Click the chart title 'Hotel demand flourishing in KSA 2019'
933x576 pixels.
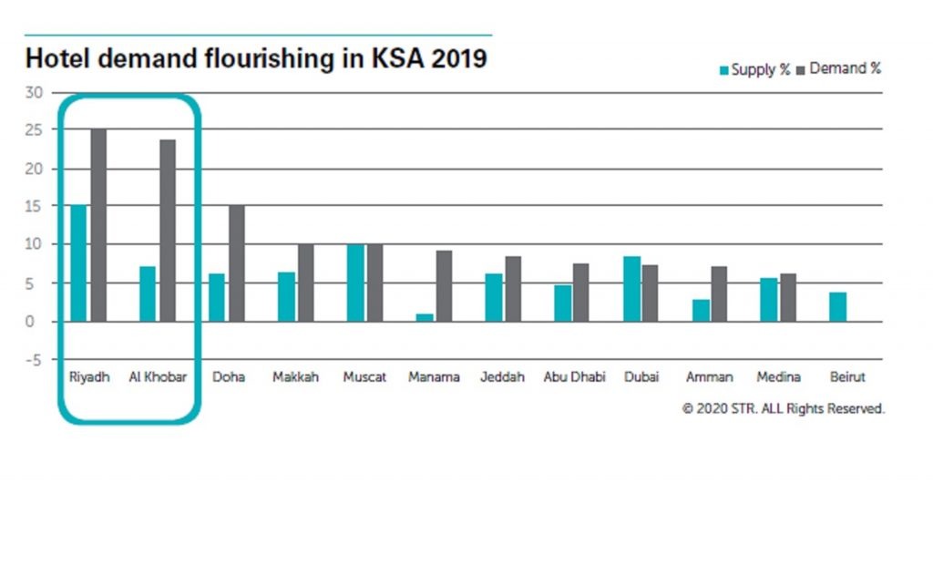pos(256,59)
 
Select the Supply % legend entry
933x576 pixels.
pos(754,70)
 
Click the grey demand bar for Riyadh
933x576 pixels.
pos(98,225)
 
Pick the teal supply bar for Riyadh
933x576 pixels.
pos(78,263)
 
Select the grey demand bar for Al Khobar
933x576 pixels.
pos(168,231)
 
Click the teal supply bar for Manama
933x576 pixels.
pos(424,317)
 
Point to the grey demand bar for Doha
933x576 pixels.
pos(236,263)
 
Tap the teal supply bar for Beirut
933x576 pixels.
pos(837,307)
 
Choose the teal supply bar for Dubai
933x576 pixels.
pos(631,289)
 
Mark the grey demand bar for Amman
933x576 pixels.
pos(720,293)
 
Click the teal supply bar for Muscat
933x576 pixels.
pos(355,283)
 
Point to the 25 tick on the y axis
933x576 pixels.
pos(34,130)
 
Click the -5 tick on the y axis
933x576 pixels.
pos(34,360)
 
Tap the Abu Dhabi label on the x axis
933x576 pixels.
pos(574,377)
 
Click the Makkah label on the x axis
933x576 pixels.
pos(296,377)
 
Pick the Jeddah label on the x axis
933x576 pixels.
pos(502,377)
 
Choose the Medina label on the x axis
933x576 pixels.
pos(779,377)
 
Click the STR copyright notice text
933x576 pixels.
pos(783,409)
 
